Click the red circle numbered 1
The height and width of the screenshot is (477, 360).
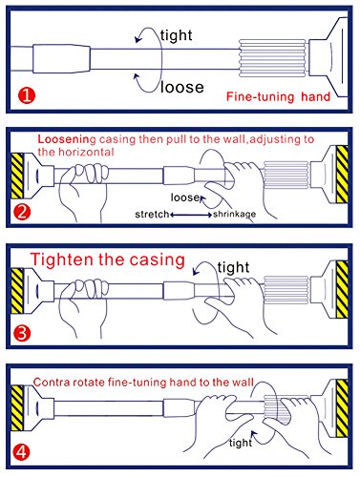(27, 95)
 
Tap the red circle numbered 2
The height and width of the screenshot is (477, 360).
(22, 212)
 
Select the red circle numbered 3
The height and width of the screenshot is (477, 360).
(22, 333)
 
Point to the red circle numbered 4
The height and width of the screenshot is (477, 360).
(22, 452)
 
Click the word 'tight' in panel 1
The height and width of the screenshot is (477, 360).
(177, 35)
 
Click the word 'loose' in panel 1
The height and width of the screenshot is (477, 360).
(182, 87)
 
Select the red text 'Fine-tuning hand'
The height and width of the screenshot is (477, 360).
(278, 96)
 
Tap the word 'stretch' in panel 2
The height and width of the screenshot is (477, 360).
(152, 215)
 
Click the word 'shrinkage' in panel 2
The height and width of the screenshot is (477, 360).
(235, 215)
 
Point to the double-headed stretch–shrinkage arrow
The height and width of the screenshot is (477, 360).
(191, 215)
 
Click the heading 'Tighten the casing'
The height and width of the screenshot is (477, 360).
(108, 259)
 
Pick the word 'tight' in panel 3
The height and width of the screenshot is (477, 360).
(233, 267)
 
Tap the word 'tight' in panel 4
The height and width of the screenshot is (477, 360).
(241, 443)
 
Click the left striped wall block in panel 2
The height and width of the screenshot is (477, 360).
(17, 176)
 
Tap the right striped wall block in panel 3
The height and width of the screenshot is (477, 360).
(342, 289)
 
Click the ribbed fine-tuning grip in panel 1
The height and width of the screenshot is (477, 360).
(272, 58)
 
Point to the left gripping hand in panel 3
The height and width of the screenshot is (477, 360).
(83, 305)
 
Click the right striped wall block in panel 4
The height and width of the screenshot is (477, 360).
(342, 408)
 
